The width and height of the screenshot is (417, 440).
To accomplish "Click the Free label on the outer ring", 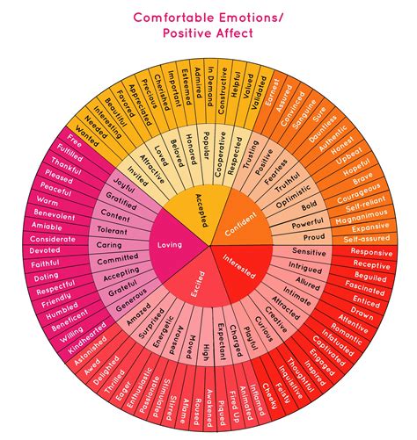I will (x=75, y=141).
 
